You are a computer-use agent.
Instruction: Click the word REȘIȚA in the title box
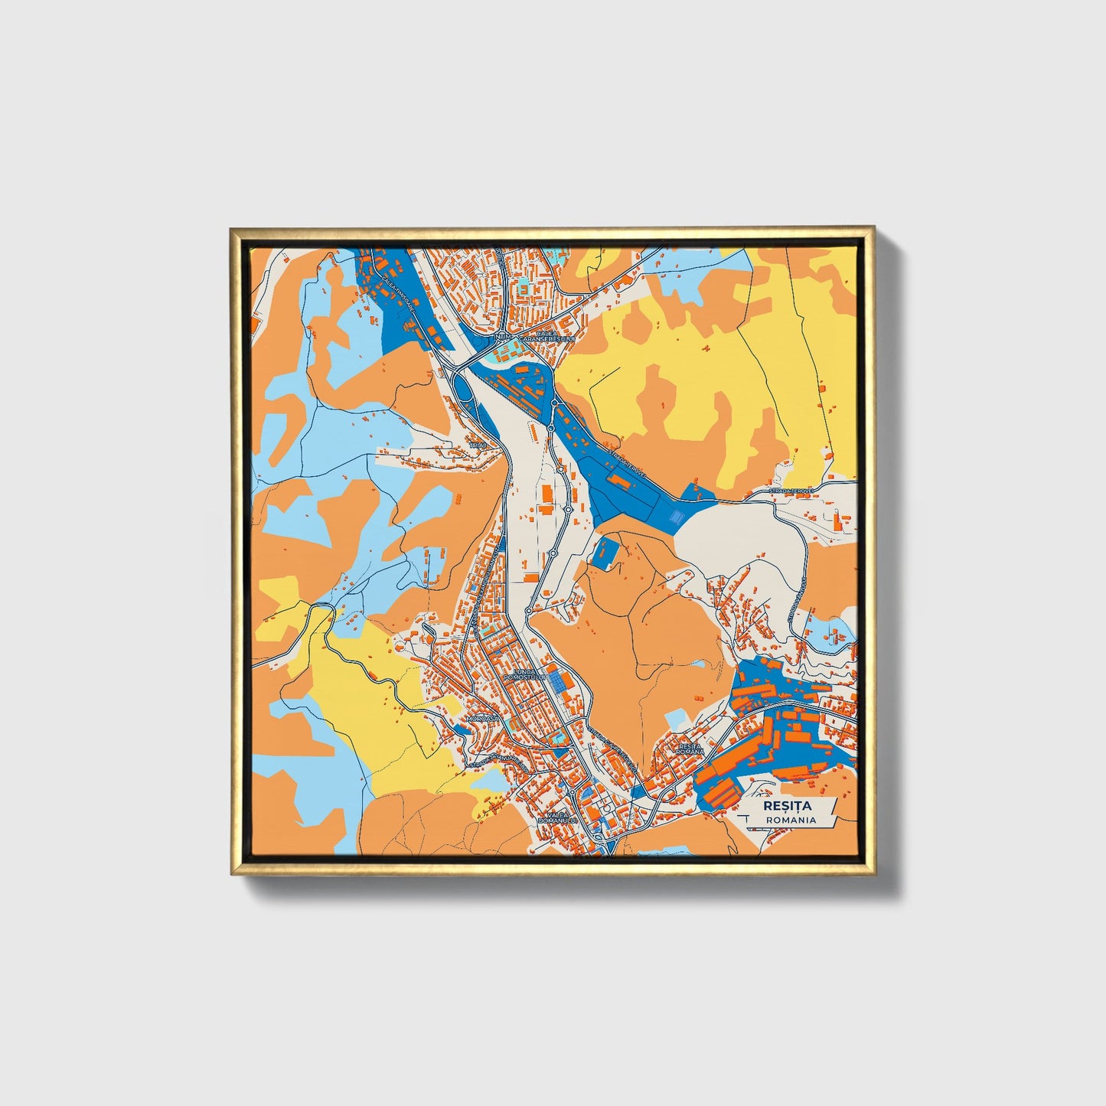click(787, 806)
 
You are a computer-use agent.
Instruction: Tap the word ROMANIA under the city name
click(789, 820)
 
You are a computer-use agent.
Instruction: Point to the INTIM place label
click(504, 336)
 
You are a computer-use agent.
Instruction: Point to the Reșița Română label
click(690, 748)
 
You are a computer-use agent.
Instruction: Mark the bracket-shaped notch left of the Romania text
click(746, 820)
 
